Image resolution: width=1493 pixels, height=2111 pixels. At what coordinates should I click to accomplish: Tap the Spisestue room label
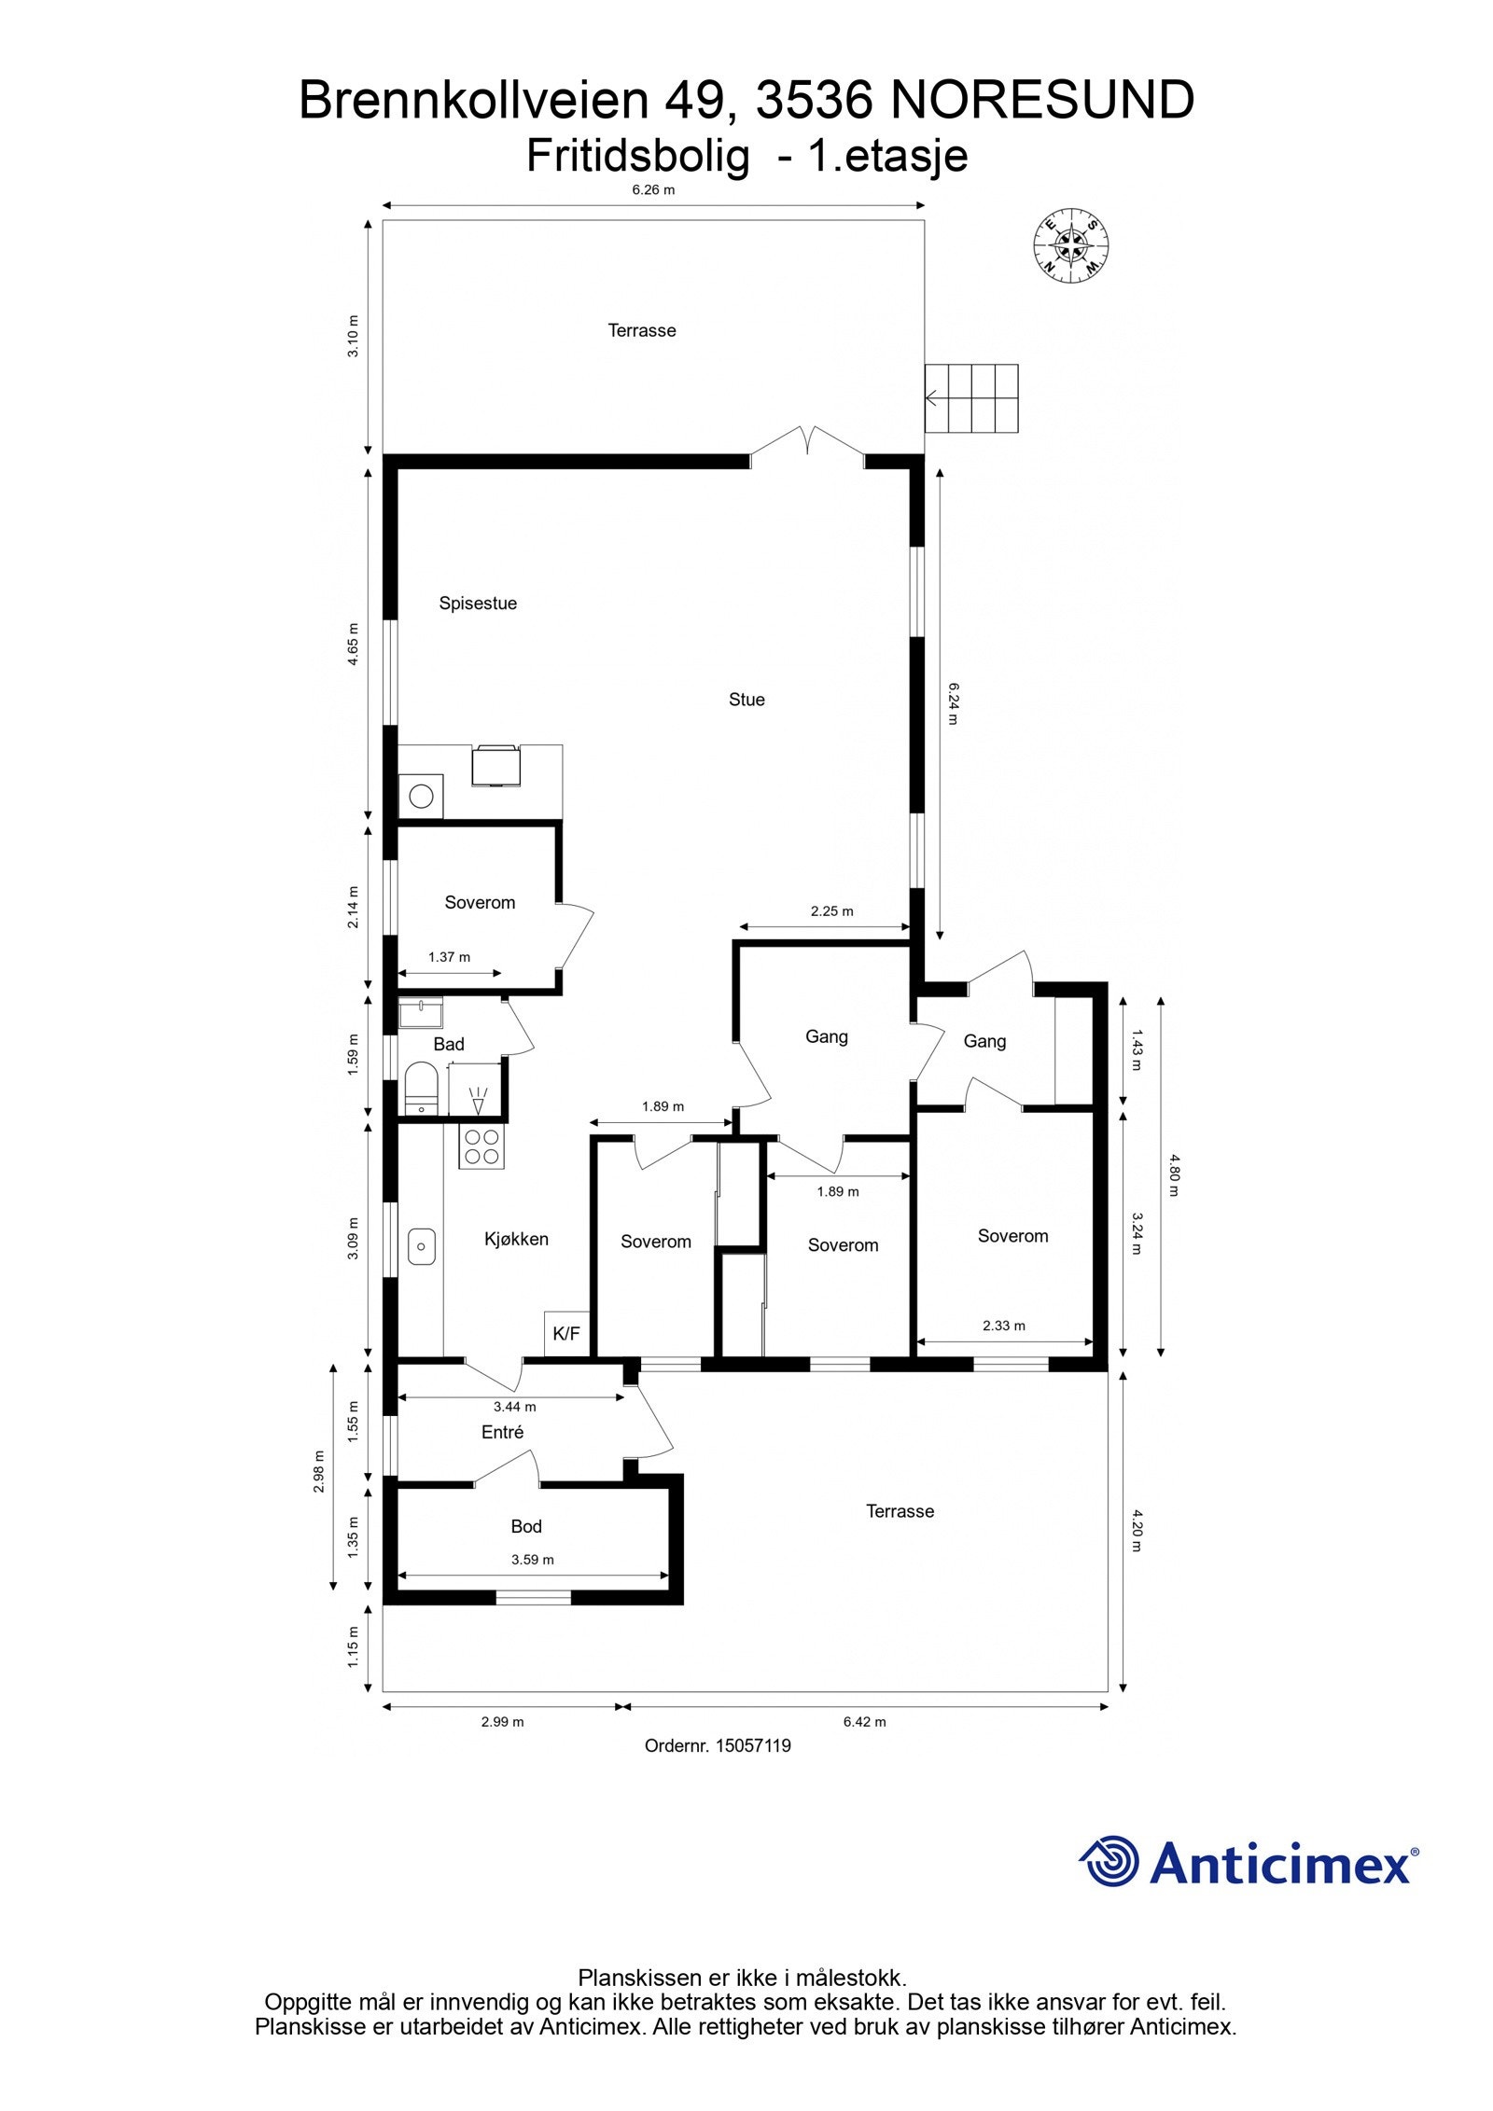pos(478,604)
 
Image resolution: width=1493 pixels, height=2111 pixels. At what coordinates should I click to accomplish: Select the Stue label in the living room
pos(746,700)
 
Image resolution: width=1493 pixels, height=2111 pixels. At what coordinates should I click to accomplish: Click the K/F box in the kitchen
pos(566,1334)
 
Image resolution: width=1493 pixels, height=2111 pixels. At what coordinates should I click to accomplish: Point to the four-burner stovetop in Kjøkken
pos(481,1146)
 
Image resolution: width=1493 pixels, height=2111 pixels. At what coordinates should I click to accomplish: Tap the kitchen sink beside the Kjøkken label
pos(422,1245)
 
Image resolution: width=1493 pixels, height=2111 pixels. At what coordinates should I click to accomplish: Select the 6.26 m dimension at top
pos(653,190)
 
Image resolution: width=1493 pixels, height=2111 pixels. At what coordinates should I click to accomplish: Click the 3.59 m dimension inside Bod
pos(533,1559)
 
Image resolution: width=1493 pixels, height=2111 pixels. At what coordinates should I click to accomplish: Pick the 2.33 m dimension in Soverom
pos(1004,1325)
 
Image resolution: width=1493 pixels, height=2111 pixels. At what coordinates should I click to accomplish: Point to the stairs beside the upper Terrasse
pos(971,398)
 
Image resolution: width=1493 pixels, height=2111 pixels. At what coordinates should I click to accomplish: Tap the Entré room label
pos(502,1432)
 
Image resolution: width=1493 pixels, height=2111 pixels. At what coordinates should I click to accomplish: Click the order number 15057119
pos(718,1745)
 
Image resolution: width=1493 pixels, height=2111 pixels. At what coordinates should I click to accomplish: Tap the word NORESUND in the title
pos(1042,101)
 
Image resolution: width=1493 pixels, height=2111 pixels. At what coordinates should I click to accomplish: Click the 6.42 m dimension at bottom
pos(864,1721)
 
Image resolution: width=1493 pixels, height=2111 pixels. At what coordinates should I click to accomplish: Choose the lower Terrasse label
pos(900,1511)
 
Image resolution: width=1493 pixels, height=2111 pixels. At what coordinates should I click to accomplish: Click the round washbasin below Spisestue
pos(422,797)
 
